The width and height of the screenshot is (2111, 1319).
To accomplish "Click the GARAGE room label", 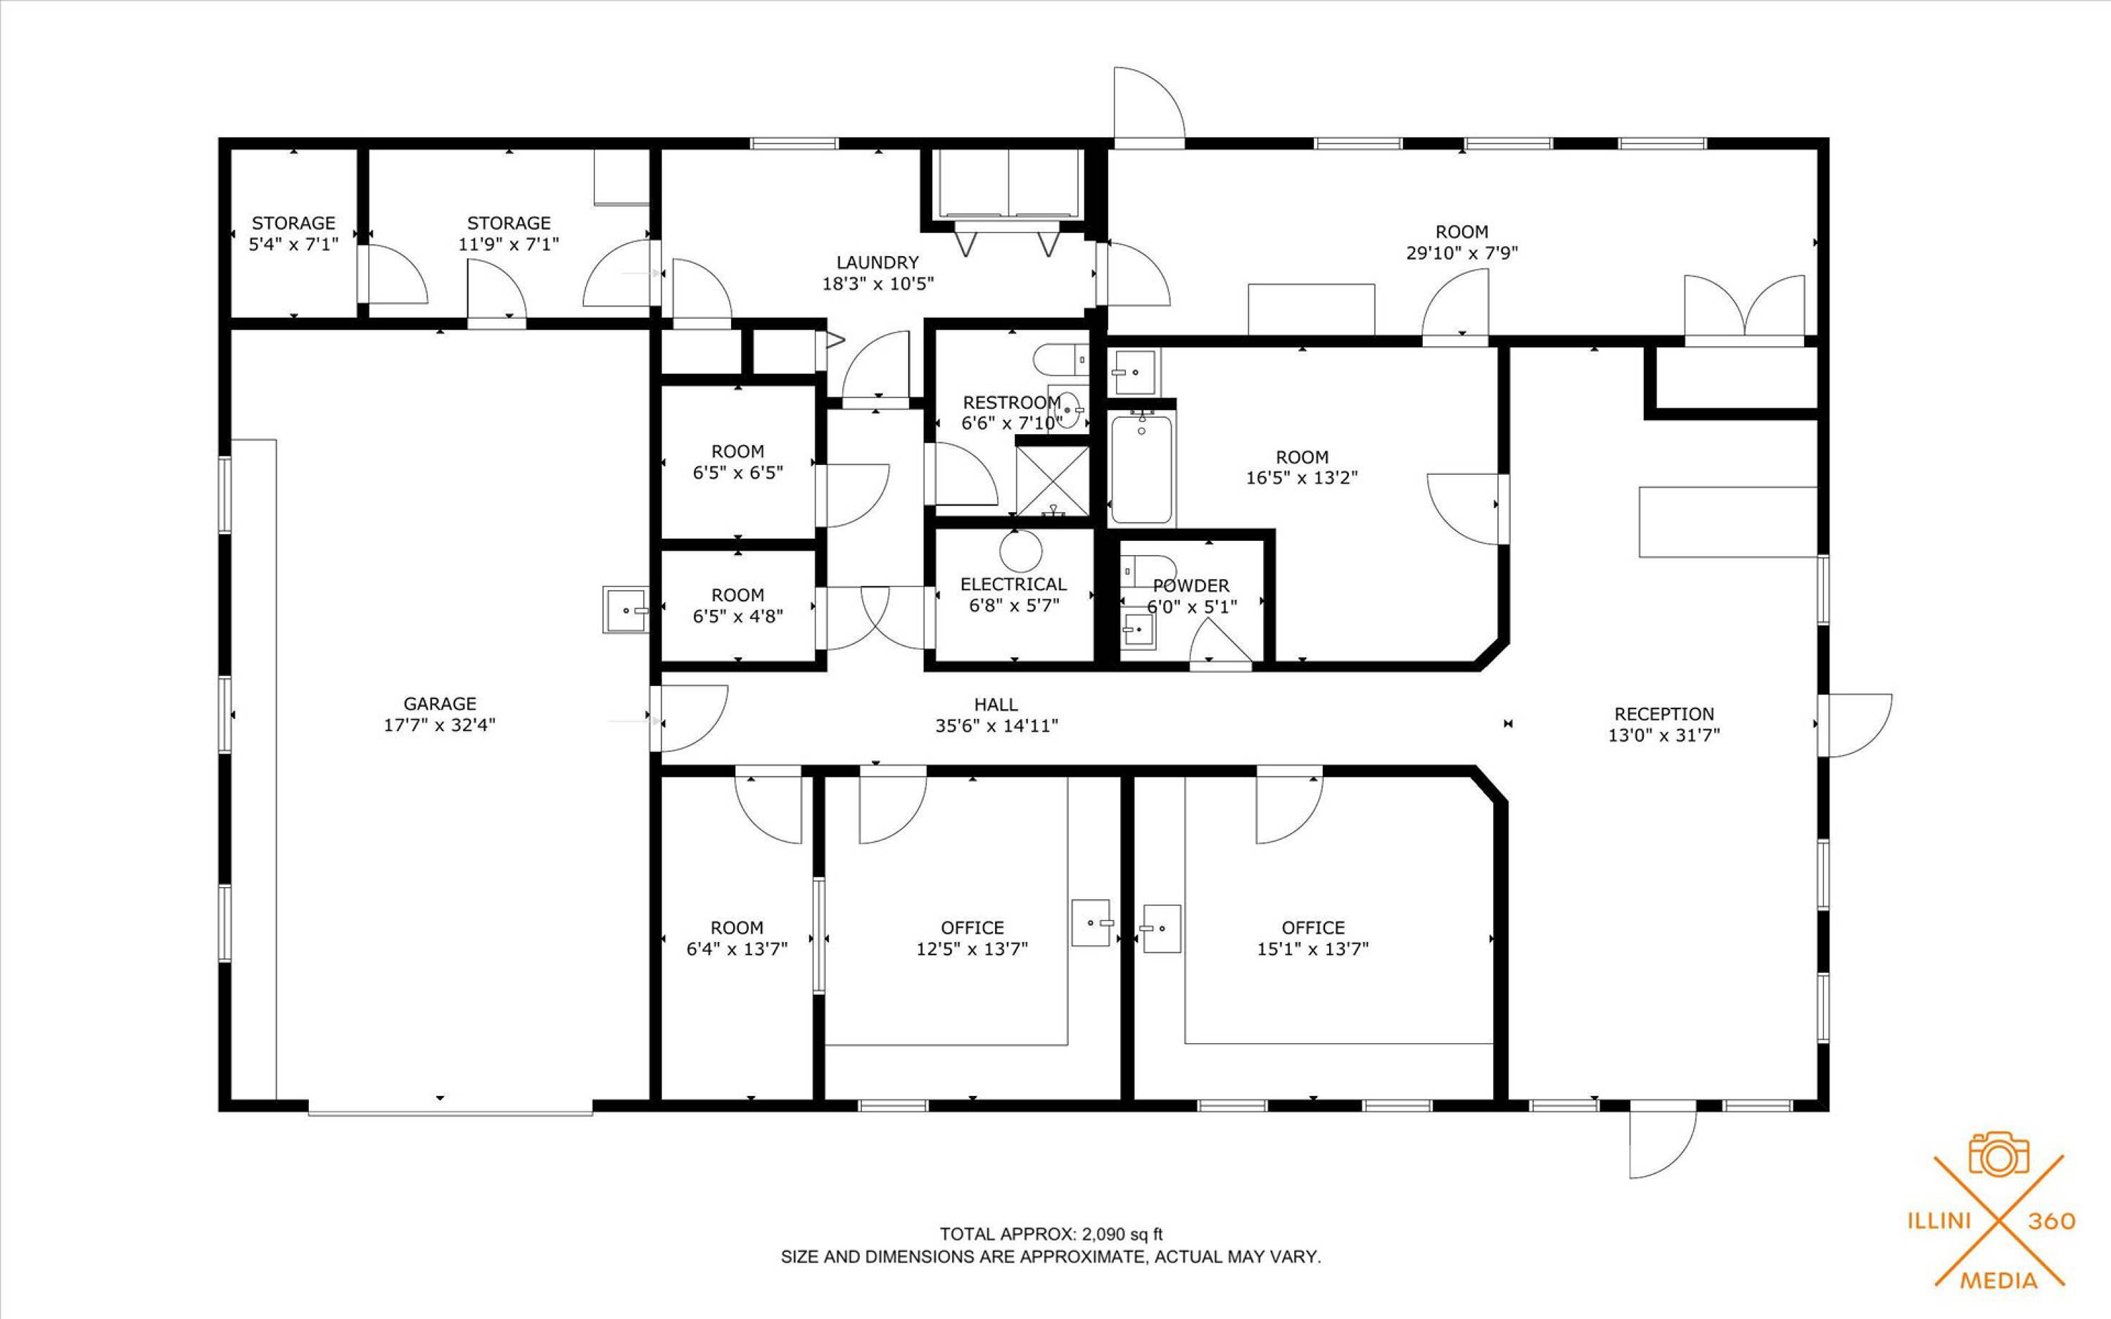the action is (440, 703).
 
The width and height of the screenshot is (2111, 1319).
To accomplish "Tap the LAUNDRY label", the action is (877, 262).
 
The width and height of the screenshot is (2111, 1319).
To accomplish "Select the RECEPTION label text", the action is (1663, 713).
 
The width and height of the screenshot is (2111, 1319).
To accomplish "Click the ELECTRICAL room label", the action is (1013, 585).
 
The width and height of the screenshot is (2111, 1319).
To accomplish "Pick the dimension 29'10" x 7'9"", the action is (1462, 253).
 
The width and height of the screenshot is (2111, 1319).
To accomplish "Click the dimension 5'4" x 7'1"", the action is (293, 244).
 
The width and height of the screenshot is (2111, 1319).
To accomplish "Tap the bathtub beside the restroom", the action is (1142, 469).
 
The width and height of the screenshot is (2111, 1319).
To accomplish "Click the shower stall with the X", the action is (1054, 480).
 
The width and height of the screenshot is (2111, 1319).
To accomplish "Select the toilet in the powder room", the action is (1147, 571).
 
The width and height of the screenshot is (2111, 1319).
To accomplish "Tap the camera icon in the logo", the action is (1999, 1154).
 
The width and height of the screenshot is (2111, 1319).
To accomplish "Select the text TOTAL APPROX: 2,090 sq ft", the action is (1051, 1235).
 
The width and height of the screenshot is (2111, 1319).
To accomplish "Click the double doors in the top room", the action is (1744, 307).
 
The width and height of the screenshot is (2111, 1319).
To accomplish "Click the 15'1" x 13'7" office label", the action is (1313, 938).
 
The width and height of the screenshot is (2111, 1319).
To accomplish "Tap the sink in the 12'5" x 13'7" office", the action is (1091, 923).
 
